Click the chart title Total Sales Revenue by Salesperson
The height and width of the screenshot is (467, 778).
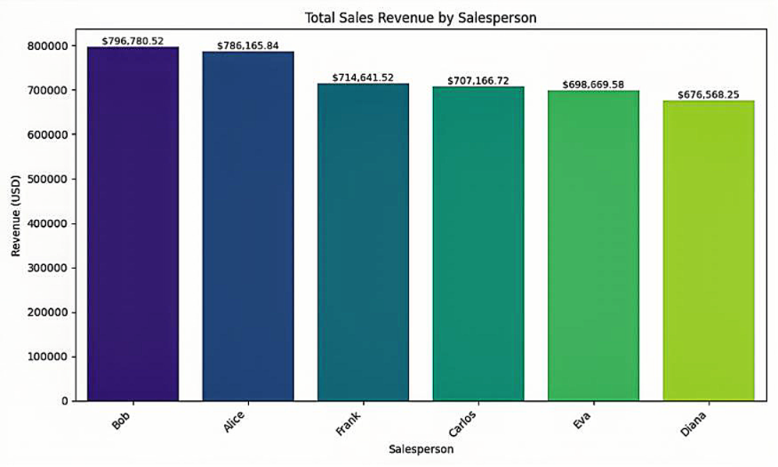click(x=421, y=18)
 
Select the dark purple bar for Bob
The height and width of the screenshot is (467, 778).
click(x=133, y=224)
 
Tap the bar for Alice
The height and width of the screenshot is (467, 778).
click(x=248, y=226)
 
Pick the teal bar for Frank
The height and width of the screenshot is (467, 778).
click(x=363, y=242)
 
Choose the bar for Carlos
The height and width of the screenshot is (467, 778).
click(x=478, y=244)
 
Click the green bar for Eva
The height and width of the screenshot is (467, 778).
click(x=593, y=246)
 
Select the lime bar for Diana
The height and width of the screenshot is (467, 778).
click(x=709, y=251)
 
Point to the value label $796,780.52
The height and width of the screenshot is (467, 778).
click(x=133, y=41)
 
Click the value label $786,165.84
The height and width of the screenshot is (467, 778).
click(x=248, y=45)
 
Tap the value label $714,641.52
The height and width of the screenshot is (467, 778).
click(x=363, y=77)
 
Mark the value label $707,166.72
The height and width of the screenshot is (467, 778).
click(x=478, y=81)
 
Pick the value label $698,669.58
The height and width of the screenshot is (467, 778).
click(x=593, y=85)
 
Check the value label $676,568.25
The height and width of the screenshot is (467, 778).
click(x=709, y=95)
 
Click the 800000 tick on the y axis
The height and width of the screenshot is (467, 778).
click(x=48, y=45)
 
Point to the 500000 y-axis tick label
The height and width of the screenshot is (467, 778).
click(x=48, y=179)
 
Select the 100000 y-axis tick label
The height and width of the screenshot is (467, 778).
click(x=48, y=357)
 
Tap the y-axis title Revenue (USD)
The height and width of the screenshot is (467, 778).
click(x=16, y=216)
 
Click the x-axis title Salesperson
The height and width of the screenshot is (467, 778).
click(x=421, y=449)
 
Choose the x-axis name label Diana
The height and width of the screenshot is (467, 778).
click(x=694, y=423)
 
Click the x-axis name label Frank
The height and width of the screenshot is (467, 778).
click(x=348, y=423)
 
